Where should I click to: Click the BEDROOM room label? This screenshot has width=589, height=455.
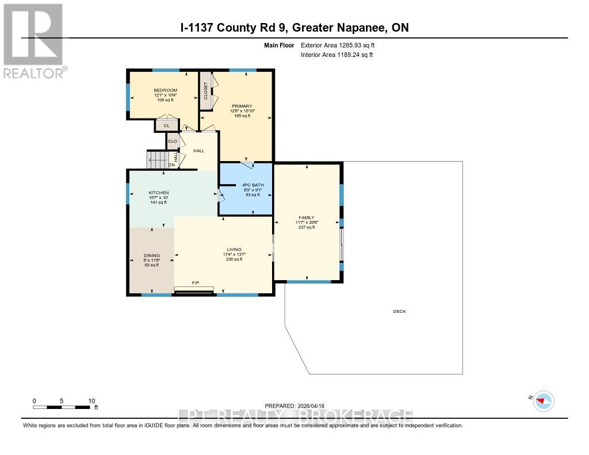[x=165, y=90]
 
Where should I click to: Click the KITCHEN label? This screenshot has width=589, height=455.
[x=158, y=193]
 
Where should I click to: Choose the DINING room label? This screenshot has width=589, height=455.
[x=151, y=255]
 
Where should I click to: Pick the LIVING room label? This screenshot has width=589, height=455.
[x=234, y=249]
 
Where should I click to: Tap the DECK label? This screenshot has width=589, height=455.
[x=399, y=311]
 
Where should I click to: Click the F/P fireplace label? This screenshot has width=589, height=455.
[x=196, y=283]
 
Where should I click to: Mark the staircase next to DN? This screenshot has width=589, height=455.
[x=158, y=159]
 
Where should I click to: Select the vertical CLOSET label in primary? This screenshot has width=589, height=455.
[x=205, y=91]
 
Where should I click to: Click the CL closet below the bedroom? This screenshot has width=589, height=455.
[x=167, y=125]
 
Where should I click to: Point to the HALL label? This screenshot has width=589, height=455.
[x=198, y=150]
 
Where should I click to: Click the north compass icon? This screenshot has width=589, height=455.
[x=543, y=400]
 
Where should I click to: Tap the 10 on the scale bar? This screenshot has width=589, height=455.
[x=91, y=401]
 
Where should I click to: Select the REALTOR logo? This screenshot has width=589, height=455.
[x=33, y=41]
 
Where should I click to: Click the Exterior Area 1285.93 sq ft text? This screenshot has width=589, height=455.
[x=338, y=45]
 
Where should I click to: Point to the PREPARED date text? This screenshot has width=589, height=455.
[x=294, y=405]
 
